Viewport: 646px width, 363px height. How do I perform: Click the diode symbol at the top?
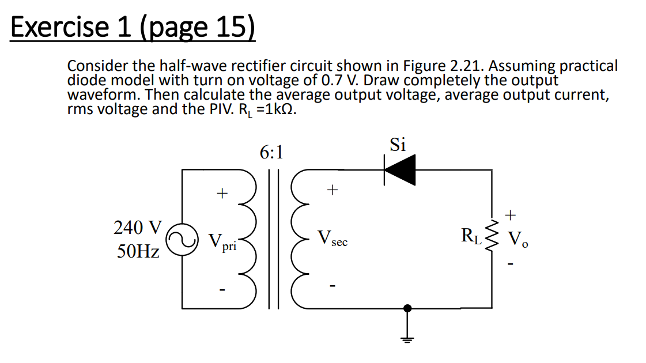pos(400,170)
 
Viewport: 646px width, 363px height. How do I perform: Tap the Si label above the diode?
pos(398,145)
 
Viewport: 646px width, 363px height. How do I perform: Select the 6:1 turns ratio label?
pos(271,153)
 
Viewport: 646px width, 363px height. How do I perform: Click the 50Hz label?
pos(138,252)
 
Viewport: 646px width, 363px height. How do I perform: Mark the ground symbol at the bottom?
pos(408,338)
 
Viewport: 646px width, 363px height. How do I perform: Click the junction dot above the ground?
pos(408,308)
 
